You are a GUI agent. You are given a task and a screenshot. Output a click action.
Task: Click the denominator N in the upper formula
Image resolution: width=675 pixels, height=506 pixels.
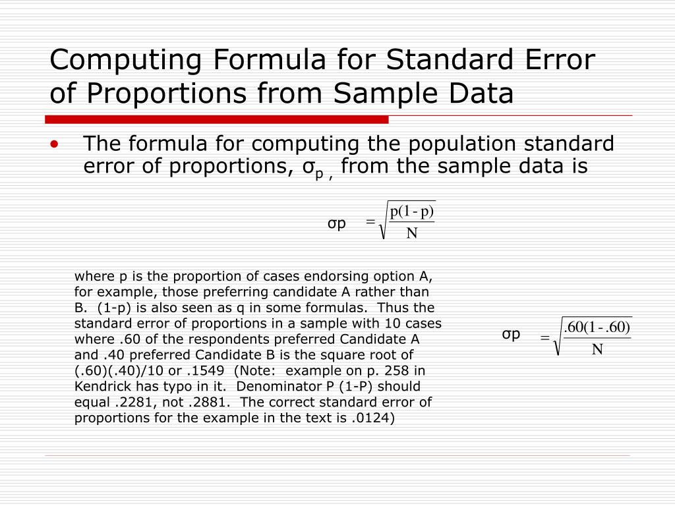coord(412,233)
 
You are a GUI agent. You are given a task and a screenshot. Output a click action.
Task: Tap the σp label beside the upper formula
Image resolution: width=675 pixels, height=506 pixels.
coord(337,223)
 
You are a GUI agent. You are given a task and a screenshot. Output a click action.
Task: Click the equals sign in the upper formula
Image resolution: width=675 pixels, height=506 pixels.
coord(370,224)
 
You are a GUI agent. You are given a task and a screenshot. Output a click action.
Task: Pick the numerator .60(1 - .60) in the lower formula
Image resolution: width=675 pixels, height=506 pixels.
coord(597,327)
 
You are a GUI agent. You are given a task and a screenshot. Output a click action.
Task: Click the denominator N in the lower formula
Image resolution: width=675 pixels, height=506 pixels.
coord(597,349)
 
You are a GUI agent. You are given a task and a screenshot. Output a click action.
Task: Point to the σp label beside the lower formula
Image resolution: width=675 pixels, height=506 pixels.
coord(511,334)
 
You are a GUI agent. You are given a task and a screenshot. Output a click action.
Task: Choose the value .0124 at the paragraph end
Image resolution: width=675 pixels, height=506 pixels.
coord(374,417)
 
